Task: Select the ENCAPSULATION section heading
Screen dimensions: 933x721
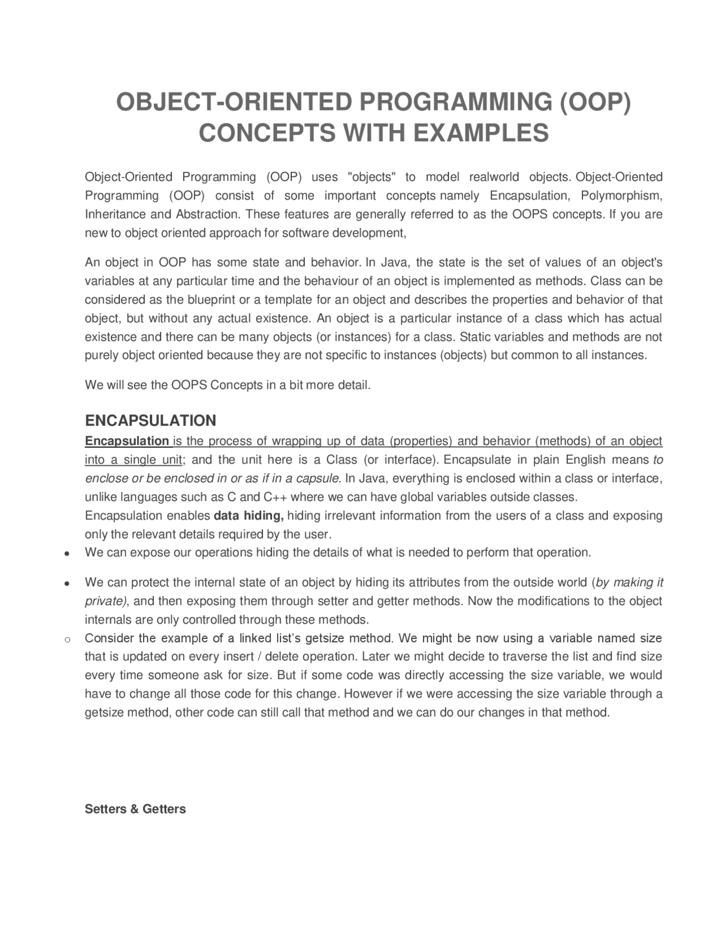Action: pyautogui.click(x=150, y=420)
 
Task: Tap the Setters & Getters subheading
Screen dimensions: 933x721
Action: pyautogui.click(x=135, y=809)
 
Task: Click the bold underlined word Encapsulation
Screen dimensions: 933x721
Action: pyautogui.click(x=127, y=441)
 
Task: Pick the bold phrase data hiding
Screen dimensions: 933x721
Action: pyautogui.click(x=249, y=516)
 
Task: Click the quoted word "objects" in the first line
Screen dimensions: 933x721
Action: pyautogui.click(x=372, y=177)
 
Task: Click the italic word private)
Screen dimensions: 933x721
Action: pyautogui.click(x=106, y=601)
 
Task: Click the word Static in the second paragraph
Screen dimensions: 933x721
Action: pyautogui.click(x=475, y=337)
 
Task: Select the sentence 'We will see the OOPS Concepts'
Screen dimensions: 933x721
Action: pyautogui.click(x=228, y=385)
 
